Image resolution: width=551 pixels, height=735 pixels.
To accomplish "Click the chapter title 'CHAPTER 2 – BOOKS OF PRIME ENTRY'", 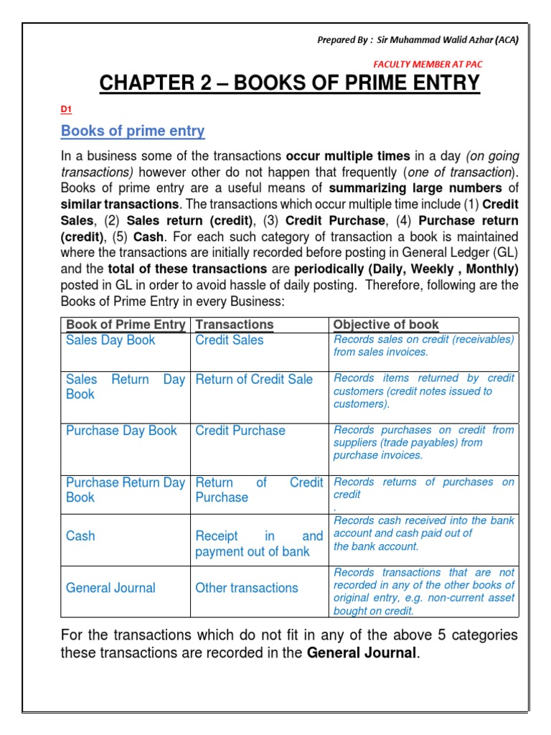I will (289, 83).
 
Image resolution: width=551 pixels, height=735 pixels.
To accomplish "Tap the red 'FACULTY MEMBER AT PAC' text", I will (428, 64).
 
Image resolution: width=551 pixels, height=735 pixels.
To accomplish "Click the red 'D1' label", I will (66, 109).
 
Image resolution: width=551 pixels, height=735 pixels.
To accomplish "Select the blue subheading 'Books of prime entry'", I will (133, 131).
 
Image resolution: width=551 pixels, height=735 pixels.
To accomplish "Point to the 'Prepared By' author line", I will (418, 39).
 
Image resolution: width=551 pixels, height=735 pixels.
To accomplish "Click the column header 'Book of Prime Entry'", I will (126, 324).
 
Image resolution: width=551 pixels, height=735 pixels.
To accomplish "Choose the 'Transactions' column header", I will (235, 324).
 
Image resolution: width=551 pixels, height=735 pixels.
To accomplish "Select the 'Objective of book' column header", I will (386, 324).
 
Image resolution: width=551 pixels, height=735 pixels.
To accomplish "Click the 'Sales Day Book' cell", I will (110, 340).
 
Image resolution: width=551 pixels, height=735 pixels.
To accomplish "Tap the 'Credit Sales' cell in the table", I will (230, 340).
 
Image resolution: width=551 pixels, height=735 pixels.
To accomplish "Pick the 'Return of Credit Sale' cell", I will (254, 379).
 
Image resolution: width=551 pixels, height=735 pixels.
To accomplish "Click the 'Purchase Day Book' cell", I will (121, 431).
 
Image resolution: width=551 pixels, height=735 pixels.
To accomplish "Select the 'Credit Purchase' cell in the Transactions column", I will (240, 431).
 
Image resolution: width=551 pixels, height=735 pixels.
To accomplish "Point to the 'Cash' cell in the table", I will (80, 535).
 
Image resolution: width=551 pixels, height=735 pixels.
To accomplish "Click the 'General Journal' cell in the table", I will (110, 588).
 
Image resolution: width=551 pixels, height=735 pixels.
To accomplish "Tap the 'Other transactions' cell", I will (247, 588).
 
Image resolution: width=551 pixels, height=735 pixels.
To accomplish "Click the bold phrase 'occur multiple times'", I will (348, 156).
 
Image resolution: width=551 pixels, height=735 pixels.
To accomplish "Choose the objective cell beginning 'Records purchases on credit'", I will (423, 442).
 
